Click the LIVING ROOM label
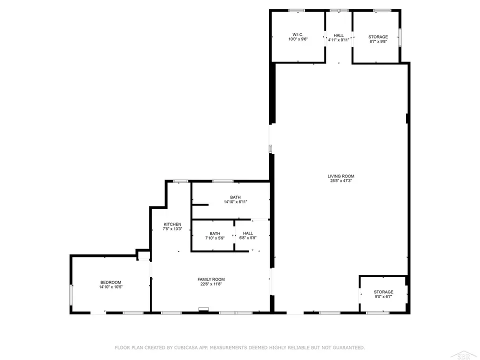pyautogui.click(x=341, y=176)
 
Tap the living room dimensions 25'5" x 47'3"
pyautogui.click(x=341, y=181)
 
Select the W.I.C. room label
pyautogui.click(x=297, y=34)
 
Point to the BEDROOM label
pyautogui.click(x=110, y=282)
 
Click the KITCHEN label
pyautogui.click(x=172, y=224)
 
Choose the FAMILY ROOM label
pyautogui.click(x=212, y=279)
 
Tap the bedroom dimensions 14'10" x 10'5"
pyautogui.click(x=110, y=287)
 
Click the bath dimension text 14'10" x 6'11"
pyautogui.click(x=235, y=202)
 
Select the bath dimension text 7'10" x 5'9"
pyautogui.click(x=215, y=238)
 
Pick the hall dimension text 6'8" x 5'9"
pyautogui.click(x=248, y=238)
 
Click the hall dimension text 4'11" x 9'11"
pyautogui.click(x=339, y=39)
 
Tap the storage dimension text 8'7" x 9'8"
pyautogui.click(x=378, y=41)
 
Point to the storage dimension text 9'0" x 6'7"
pyautogui.click(x=383, y=296)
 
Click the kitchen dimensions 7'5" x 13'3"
pyautogui.click(x=172, y=229)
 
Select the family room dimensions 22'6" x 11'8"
pyautogui.click(x=212, y=284)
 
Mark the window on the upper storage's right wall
pyautogui.click(x=399, y=38)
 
